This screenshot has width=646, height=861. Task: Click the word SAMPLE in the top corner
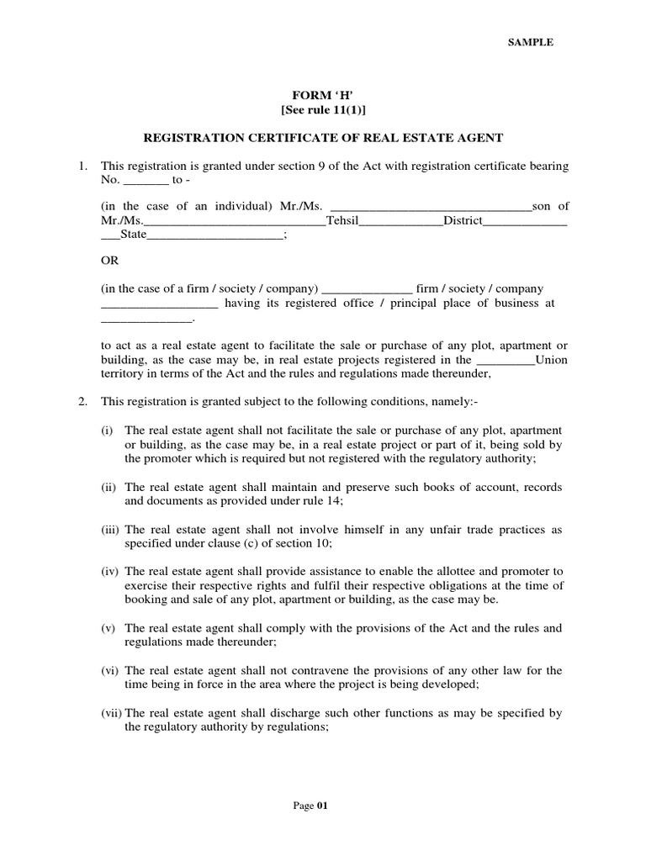point(529,43)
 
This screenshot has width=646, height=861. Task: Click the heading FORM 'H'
point(322,97)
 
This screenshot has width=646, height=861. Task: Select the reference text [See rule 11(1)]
point(322,111)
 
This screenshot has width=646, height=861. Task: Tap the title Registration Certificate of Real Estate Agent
point(322,137)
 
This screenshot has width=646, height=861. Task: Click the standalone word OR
point(109,261)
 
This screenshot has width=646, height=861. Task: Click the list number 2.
point(83,401)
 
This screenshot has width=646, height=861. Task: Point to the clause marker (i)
point(108,430)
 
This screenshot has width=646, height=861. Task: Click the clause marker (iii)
point(111,530)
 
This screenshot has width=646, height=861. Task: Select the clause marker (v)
point(109,628)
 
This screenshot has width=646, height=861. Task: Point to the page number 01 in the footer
point(321,806)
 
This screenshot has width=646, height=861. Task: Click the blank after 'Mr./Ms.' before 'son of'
point(432,206)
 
